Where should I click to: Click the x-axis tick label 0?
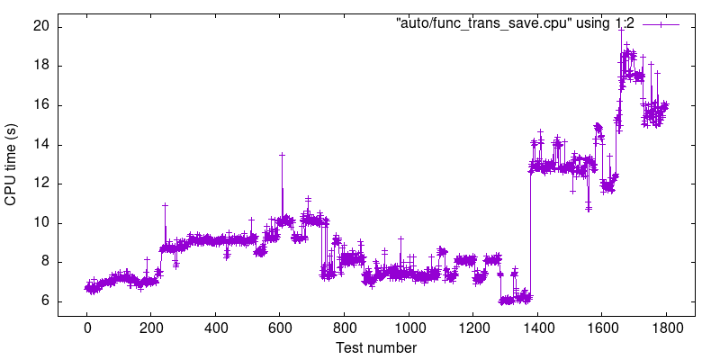87,328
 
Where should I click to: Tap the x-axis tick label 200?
151,328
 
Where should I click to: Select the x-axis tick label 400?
216,328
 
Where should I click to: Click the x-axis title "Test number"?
376,346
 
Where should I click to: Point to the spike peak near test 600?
282,155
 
